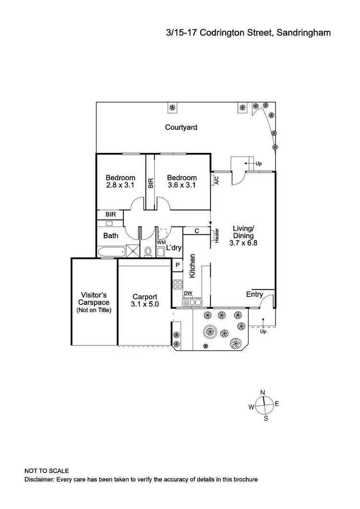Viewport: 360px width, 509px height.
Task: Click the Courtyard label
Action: [181, 127]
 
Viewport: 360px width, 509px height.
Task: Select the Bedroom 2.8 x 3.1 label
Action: [120, 181]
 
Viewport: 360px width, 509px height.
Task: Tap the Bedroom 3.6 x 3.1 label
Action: [182, 181]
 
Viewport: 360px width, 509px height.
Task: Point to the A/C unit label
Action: [216, 180]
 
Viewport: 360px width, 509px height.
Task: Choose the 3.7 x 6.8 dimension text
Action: [244, 243]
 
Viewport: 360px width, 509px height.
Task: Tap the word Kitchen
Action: [192, 266]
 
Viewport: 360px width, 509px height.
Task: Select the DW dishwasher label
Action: [188, 294]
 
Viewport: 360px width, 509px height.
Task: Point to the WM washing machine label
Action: [161, 243]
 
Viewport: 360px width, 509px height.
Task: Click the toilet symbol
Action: [148, 251]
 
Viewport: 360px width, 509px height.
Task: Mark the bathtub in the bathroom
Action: [111, 251]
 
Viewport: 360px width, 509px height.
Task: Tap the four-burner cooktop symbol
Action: [177, 284]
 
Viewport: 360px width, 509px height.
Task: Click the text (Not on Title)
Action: [94, 310]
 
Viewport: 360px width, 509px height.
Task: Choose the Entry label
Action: [254, 294]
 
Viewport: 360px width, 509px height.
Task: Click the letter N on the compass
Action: [263, 392]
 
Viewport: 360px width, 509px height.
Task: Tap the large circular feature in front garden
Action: [210, 331]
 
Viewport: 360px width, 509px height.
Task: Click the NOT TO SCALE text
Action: [47, 471]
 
